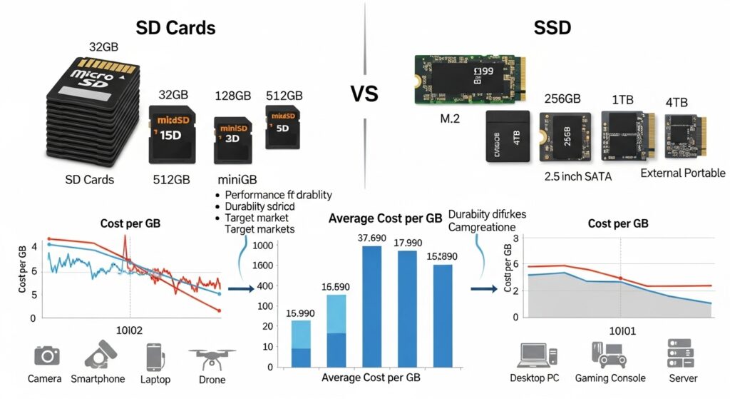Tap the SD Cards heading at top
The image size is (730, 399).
[x=175, y=29]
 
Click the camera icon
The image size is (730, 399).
[x=47, y=355]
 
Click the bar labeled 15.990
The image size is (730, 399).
[x=301, y=344]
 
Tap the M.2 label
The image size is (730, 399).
[x=451, y=118]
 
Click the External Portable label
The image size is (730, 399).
[x=682, y=173]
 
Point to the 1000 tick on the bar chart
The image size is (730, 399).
[x=264, y=246]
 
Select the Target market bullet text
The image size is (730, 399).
[x=257, y=217]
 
